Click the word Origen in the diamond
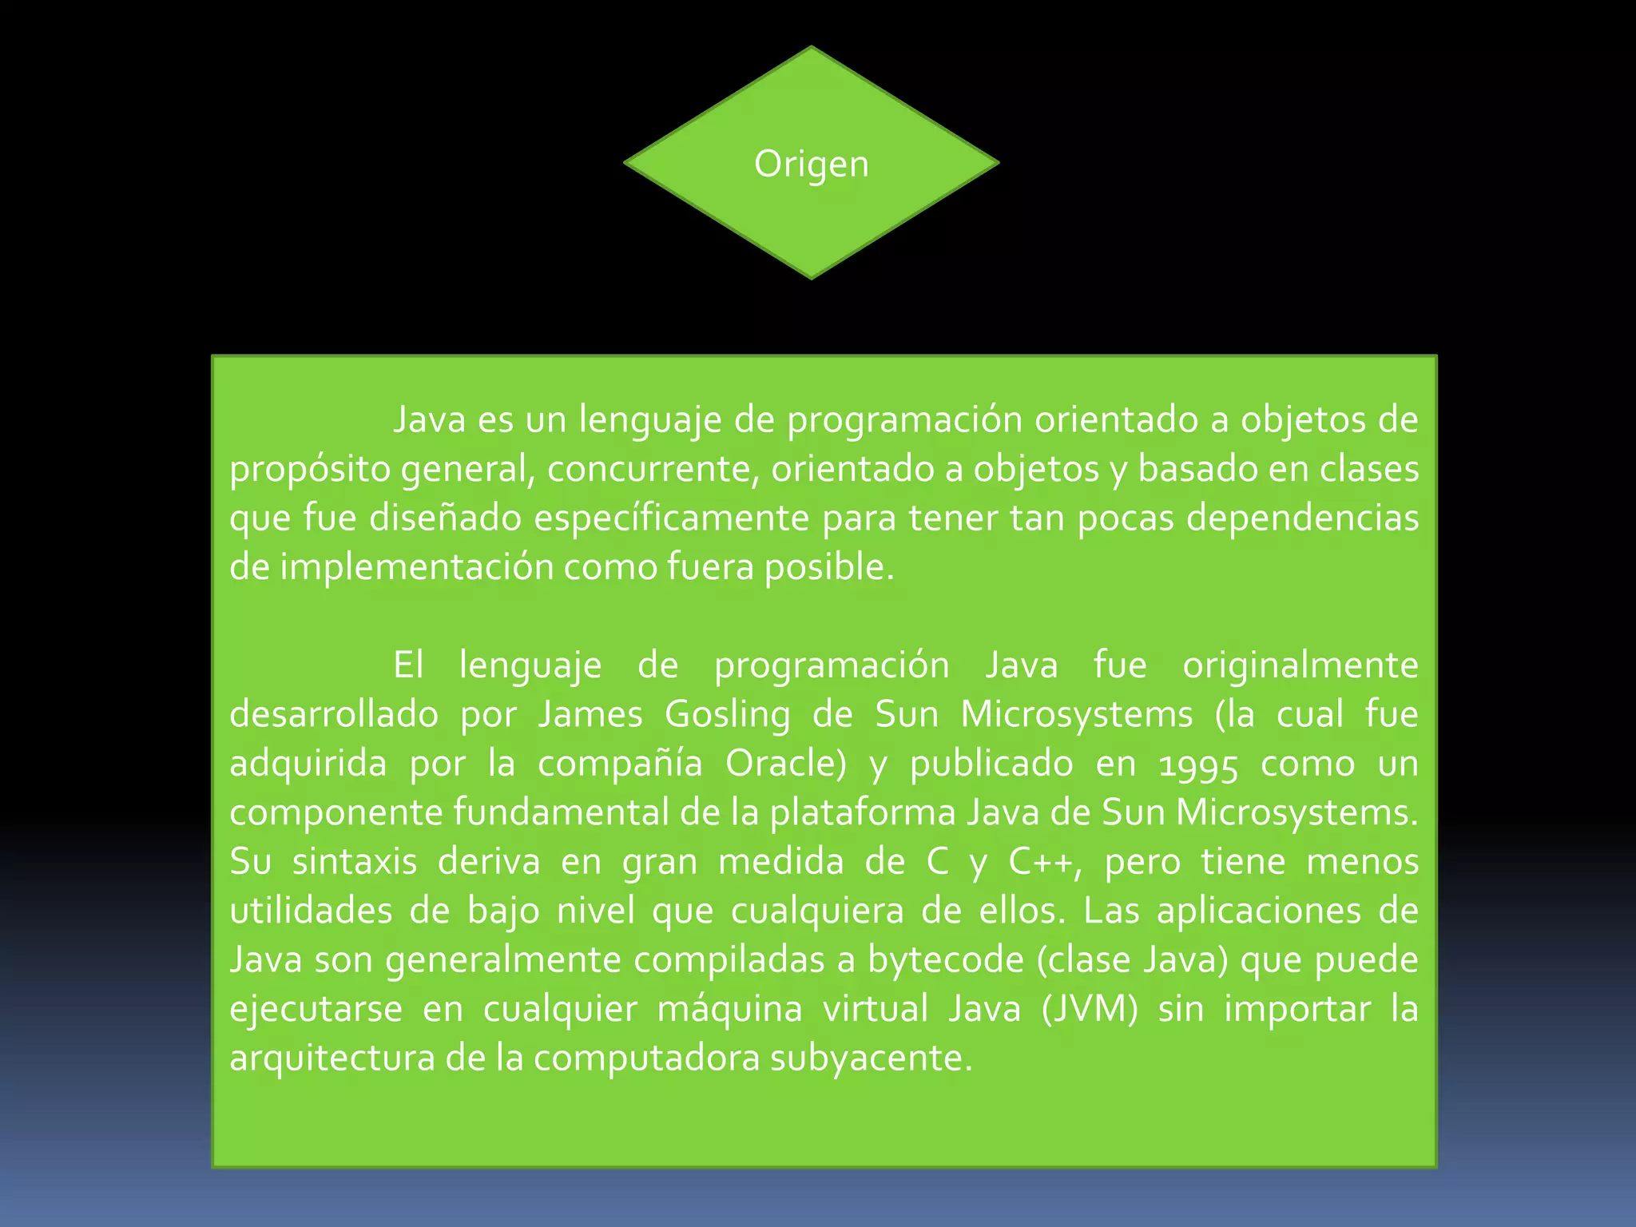811,165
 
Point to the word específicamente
672,518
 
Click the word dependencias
1302,518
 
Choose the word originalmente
1300,665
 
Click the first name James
590,714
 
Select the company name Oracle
785,764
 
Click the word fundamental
561,813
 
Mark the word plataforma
863,813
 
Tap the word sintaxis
355,862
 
